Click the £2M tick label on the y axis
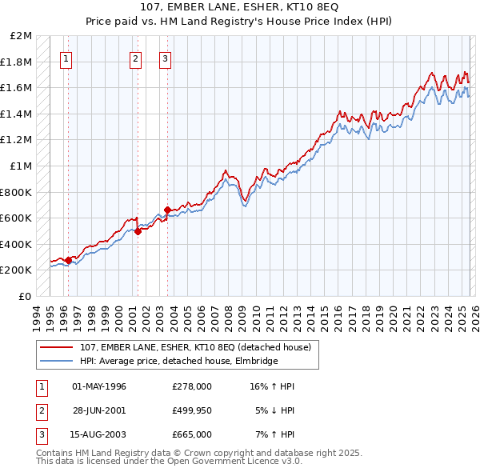pos(22,36)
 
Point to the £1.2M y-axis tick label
pos(18,140)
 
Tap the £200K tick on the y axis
pos(18,270)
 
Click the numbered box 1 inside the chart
pos(66,58)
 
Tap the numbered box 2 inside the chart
pos(135,58)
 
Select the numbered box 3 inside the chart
pos(165,58)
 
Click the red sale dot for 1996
pos(69,260)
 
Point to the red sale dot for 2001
pos(138,231)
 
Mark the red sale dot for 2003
pos(167,210)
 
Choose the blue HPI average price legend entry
pos(178,361)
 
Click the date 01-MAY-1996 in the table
pos(99,386)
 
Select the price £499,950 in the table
pos(192,410)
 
